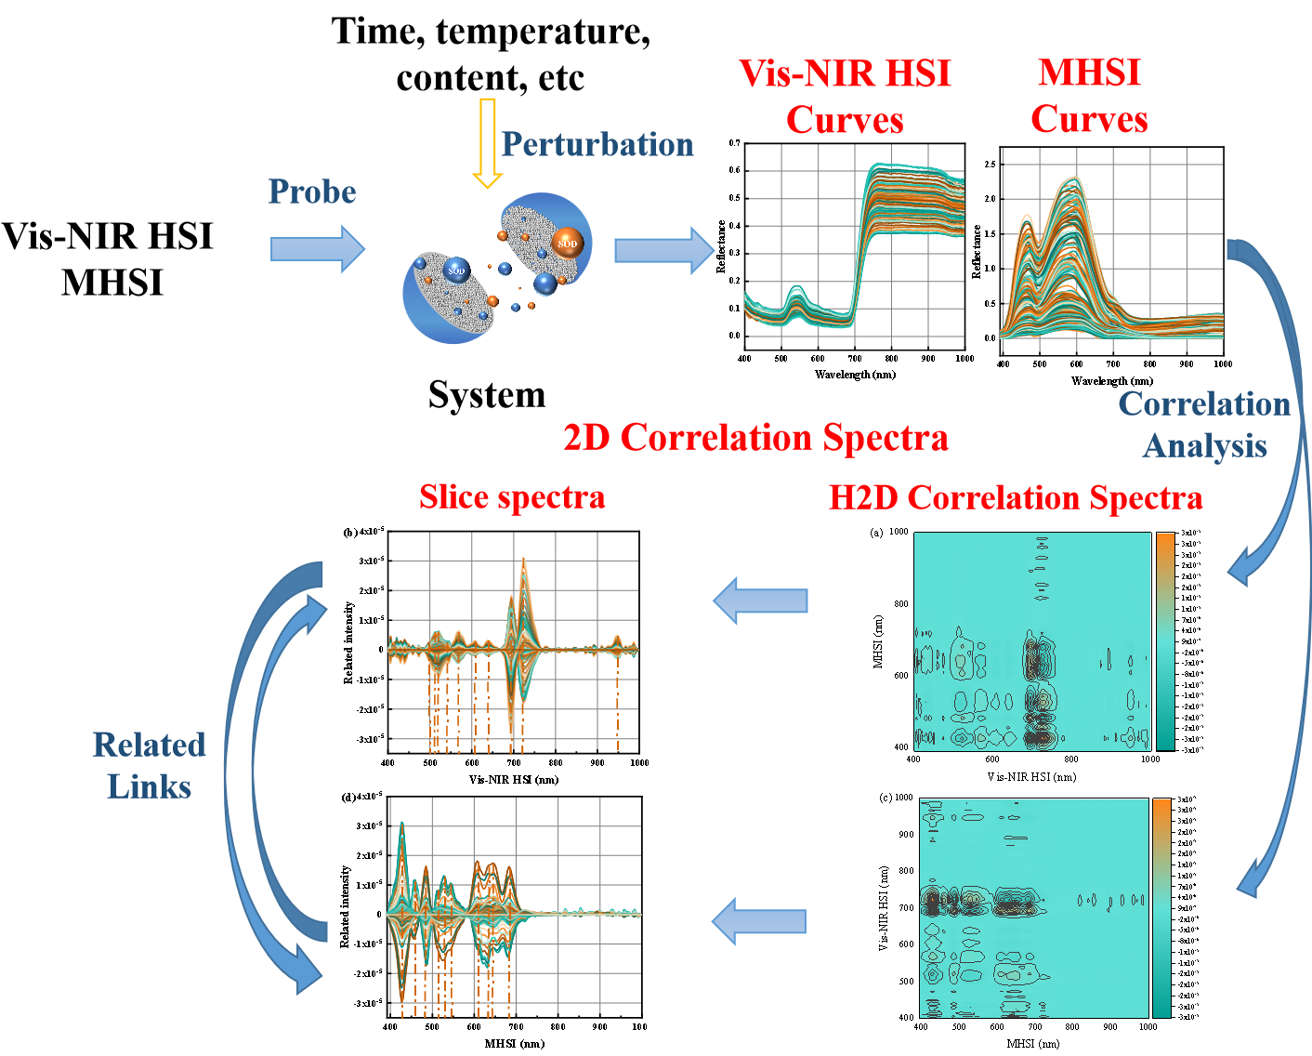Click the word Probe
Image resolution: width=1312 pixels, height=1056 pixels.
[x=312, y=191]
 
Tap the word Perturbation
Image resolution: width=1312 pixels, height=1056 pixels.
[x=597, y=144]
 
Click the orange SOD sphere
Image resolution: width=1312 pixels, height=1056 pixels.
[x=567, y=244]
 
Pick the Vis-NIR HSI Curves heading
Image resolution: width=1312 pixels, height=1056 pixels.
[x=845, y=97]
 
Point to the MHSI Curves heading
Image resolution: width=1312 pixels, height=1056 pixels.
[x=1089, y=96]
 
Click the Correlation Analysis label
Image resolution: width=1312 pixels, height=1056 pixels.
[x=1204, y=424]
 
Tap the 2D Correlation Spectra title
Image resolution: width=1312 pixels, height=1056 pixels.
[x=755, y=437]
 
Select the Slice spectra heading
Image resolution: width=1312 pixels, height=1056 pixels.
[x=512, y=496]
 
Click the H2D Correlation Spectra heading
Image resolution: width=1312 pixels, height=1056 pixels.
[x=1016, y=497]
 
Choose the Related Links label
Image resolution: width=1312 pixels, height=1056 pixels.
[x=149, y=765]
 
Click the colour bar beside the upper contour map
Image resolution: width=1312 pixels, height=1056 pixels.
[x=1164, y=640]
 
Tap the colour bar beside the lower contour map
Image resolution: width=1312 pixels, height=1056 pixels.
[x=1161, y=907]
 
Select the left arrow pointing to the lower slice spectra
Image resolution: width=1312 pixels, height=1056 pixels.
[x=758, y=920]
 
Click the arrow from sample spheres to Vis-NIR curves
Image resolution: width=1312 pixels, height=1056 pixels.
[x=664, y=250]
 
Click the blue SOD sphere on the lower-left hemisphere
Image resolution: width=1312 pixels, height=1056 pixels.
[x=456, y=271]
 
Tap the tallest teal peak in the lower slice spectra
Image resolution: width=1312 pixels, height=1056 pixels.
[x=402, y=825]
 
